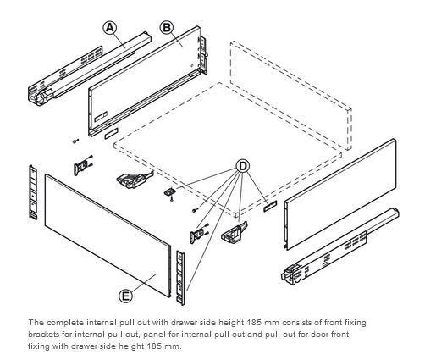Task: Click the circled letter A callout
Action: pyautogui.click(x=109, y=28)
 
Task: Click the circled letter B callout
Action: pyautogui.click(x=167, y=28)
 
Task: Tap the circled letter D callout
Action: pyautogui.click(x=243, y=166)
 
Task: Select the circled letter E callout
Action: pyautogui.click(x=125, y=296)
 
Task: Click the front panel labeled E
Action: pyautogui.click(x=108, y=235)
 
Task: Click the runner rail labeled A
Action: pyautogui.click(x=90, y=69)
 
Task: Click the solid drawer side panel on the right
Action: pyautogui.click(x=340, y=194)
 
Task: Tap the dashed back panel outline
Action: pyautogui.click(x=290, y=95)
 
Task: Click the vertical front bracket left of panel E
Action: pyautogui.click(x=33, y=192)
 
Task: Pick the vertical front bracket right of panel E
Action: pyautogui.click(x=180, y=278)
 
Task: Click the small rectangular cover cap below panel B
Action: pyautogui.click(x=111, y=134)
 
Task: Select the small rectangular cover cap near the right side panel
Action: pyautogui.click(x=270, y=206)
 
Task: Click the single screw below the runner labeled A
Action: pyautogui.click(x=75, y=141)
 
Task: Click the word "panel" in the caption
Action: pyautogui.click(x=152, y=335)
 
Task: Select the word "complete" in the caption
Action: pyautogui.click(x=65, y=323)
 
